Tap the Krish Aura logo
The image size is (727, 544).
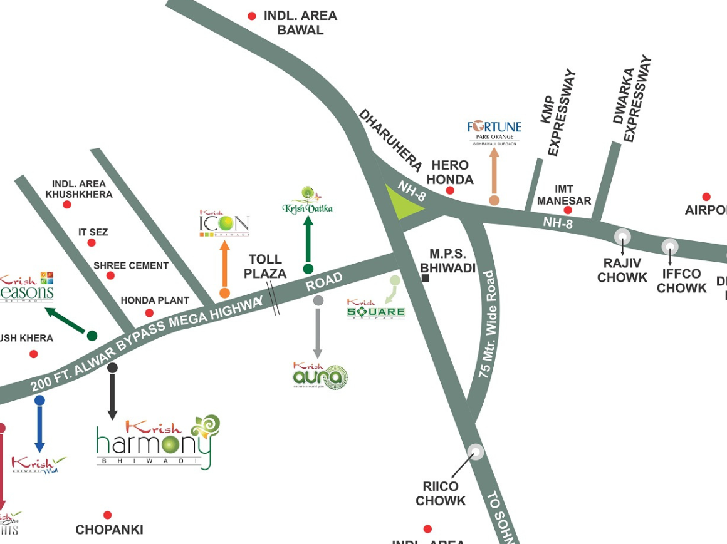320,376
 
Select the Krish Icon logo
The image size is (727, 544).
224,223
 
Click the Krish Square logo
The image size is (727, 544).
376,310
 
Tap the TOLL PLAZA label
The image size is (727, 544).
265,266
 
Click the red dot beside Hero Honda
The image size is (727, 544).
450,190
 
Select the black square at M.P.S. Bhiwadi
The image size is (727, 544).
426,278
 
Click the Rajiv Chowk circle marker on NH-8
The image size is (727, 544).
622,237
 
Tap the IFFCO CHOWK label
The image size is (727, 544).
682,281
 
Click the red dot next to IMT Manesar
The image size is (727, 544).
568,210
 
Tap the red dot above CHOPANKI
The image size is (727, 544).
107,515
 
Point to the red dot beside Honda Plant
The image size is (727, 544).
149,313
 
